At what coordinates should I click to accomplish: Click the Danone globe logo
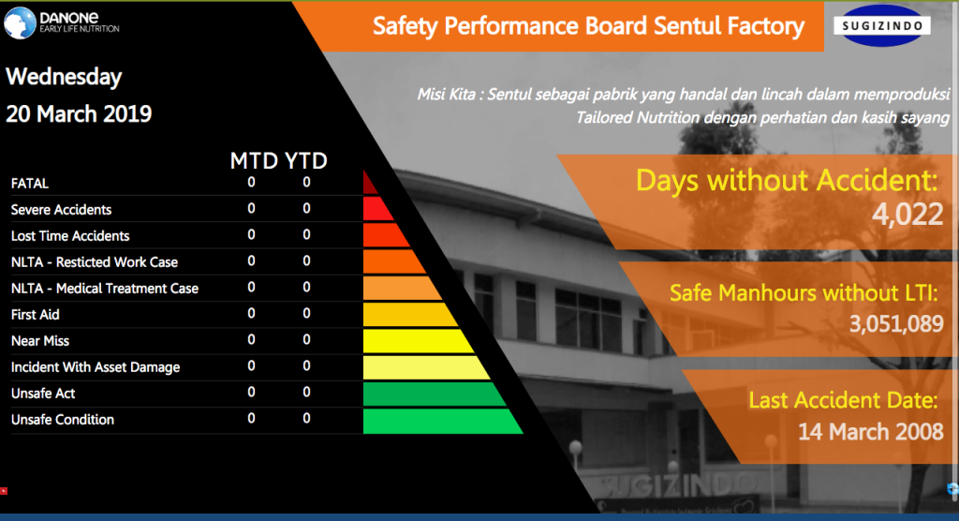[20, 23]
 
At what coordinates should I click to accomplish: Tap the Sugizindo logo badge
[882, 25]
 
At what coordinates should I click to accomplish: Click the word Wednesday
[64, 77]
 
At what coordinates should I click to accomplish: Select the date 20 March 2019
[79, 114]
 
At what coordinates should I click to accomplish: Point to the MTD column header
[254, 160]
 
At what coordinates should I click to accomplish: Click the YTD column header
[306, 160]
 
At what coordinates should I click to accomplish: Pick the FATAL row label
[29, 183]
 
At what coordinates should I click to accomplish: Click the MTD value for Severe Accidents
[251, 208]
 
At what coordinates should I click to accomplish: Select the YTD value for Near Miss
[306, 339]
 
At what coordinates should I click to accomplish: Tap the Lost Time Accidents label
[70, 236]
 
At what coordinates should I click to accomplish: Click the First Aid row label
[35, 315]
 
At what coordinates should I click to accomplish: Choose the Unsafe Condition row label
[63, 420]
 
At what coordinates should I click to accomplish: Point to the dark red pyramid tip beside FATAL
[369, 184]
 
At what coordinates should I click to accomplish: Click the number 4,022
[907, 215]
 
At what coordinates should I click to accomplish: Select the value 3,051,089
[896, 323]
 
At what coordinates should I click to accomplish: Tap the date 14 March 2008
[871, 432]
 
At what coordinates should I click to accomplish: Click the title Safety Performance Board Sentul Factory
[588, 26]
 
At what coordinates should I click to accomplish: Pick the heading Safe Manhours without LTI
[804, 292]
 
